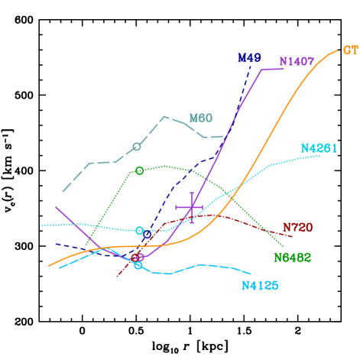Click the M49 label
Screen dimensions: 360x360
point(249,57)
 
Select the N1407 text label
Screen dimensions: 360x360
point(297,61)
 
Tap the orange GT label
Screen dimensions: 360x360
point(350,50)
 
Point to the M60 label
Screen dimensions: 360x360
point(201,118)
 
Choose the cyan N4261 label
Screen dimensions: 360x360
point(319,148)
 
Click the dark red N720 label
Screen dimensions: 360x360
point(297,227)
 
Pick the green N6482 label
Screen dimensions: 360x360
point(292,258)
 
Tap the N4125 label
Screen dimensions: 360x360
point(260,285)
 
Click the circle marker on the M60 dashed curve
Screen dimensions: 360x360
point(137,146)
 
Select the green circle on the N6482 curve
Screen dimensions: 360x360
point(139,170)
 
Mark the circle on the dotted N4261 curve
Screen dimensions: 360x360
point(139,230)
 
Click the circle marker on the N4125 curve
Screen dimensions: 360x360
point(138,265)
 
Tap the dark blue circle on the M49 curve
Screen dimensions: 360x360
point(138,257)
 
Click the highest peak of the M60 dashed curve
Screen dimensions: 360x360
point(164,116)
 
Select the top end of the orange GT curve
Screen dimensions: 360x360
point(337,51)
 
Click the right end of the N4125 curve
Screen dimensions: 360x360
point(251,273)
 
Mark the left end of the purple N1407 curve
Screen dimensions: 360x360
point(56,206)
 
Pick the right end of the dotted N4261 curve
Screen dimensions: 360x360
point(319,156)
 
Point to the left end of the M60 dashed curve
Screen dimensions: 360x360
point(63,192)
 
